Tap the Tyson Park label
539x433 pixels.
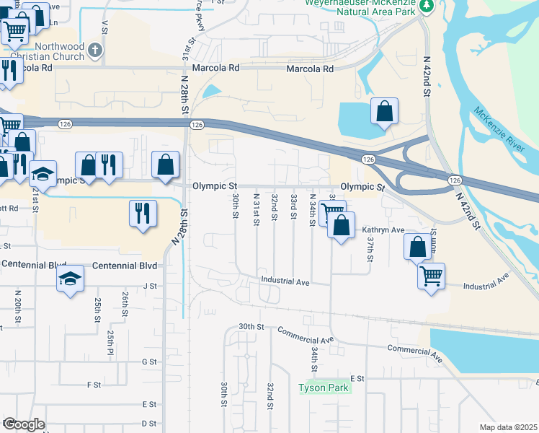tap(324, 388)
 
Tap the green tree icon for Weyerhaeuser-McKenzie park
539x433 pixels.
tap(427, 6)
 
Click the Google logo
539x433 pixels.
tap(24, 424)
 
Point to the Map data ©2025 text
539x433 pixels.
tap(508, 427)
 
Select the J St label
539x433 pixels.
tap(150, 286)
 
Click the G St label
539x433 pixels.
tap(150, 361)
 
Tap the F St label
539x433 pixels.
tap(94, 385)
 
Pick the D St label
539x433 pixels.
tap(149, 423)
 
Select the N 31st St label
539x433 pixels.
tap(256, 208)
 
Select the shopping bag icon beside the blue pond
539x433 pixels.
tap(384, 112)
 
